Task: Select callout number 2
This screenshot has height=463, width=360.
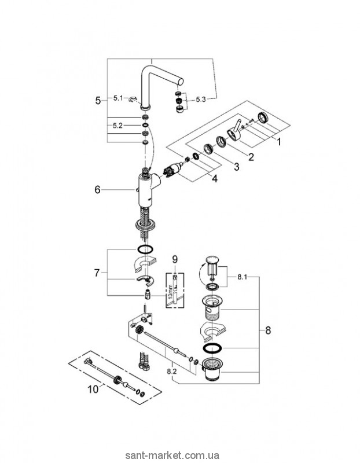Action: coord(252,156)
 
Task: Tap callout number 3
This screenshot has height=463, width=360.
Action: coord(236,167)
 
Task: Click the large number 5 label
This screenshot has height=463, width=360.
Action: coord(97,100)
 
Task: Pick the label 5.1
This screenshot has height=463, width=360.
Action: coord(119,99)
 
